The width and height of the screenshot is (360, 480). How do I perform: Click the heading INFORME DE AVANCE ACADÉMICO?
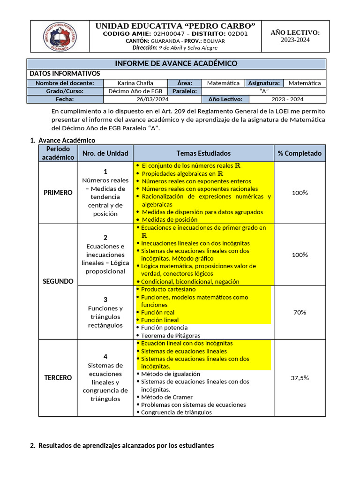pyautogui.click(x=176, y=64)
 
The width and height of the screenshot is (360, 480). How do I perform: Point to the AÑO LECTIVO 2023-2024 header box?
pyautogui.click(x=295, y=36)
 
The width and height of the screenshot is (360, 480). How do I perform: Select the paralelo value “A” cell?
pyautogui.click(x=264, y=91)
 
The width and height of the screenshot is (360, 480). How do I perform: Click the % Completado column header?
pyautogui.click(x=300, y=153)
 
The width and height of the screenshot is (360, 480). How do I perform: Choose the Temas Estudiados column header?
pyautogui.click(x=203, y=153)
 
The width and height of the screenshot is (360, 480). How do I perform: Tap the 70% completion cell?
pyautogui.click(x=300, y=312)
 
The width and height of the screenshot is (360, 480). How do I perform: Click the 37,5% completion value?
pyautogui.click(x=300, y=378)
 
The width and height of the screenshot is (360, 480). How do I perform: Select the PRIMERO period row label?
pyautogui.click(x=58, y=193)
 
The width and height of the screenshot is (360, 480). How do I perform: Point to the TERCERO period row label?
pyautogui.click(x=58, y=378)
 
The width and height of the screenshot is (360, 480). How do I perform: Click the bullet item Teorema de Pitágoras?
pyautogui.click(x=171, y=336)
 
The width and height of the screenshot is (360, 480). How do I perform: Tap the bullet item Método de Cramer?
pyautogui.click(x=166, y=397)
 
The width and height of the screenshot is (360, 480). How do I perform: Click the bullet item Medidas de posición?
pyautogui.click(x=169, y=219)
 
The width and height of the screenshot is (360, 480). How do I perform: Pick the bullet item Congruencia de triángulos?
pyautogui.click(x=176, y=412)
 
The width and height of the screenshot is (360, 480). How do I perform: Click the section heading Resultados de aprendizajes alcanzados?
pyautogui.click(x=126, y=446)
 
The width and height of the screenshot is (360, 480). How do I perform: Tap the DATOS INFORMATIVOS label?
pyautogui.click(x=65, y=74)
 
